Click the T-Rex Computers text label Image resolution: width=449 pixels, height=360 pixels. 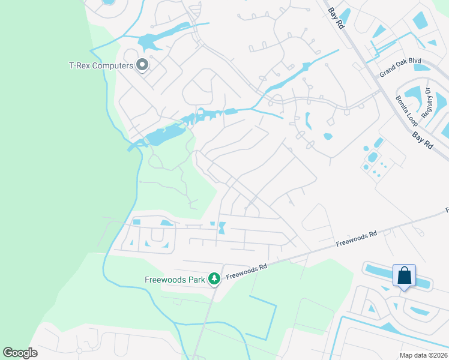pos(100,65)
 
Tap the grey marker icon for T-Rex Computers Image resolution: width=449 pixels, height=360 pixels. pos(142,64)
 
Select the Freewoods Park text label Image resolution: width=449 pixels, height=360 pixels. pos(174,279)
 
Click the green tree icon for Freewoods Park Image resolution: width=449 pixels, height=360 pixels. pos(213,278)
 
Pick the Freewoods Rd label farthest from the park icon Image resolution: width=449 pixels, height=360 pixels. pos(357,239)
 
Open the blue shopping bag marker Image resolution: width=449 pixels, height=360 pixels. pos(404,276)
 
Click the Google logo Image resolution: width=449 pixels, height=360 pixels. pos(20,353)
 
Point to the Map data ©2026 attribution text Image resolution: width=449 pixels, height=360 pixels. pos(423,355)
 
